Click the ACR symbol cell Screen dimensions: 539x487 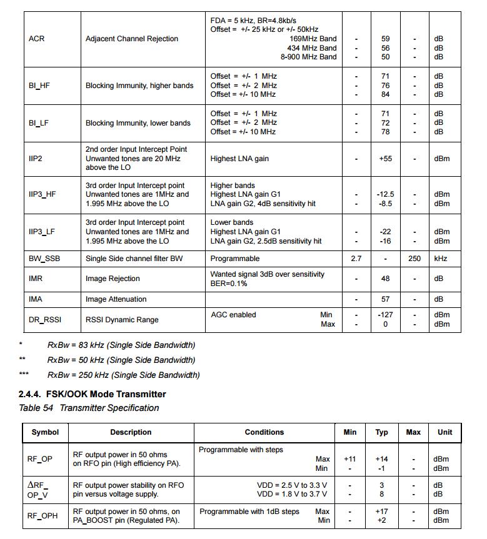point(36,39)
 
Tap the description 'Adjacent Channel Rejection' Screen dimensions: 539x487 point(131,39)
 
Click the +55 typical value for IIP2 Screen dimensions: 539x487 point(385,159)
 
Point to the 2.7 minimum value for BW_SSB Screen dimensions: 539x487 point(356,259)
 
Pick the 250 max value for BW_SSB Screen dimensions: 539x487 point(414,259)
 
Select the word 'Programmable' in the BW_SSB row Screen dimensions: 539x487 point(234,259)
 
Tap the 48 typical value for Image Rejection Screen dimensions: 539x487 point(385,279)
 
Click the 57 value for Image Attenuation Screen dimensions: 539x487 point(385,299)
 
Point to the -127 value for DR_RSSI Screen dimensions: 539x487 point(385,315)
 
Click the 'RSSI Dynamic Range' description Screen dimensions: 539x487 point(122,320)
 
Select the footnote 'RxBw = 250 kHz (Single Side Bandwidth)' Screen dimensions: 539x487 point(123,375)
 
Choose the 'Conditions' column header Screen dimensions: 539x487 point(264,432)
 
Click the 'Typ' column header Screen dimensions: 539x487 point(381,432)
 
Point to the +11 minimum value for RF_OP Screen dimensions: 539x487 point(350,459)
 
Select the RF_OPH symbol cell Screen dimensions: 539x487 point(39,516)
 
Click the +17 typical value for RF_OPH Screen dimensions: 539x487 point(381,512)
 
